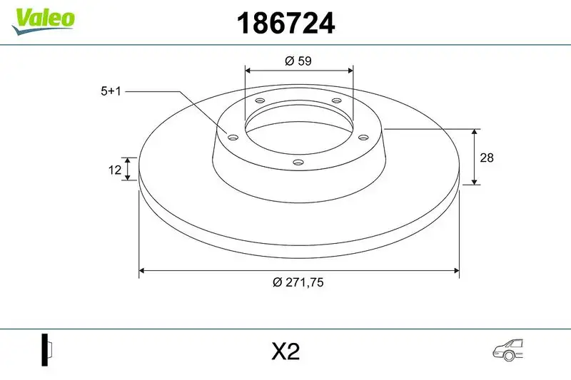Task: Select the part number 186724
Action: (x=285, y=25)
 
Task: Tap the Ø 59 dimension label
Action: (x=298, y=61)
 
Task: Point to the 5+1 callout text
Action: (x=111, y=91)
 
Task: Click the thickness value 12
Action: (x=112, y=169)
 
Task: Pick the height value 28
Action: (x=487, y=158)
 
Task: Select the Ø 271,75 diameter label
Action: (x=298, y=282)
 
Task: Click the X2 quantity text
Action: (x=285, y=351)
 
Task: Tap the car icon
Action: (x=508, y=349)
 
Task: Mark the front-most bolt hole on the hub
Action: (x=299, y=164)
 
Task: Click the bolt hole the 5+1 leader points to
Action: (x=232, y=137)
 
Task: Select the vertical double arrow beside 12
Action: (x=128, y=169)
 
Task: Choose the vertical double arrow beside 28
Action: (x=475, y=158)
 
